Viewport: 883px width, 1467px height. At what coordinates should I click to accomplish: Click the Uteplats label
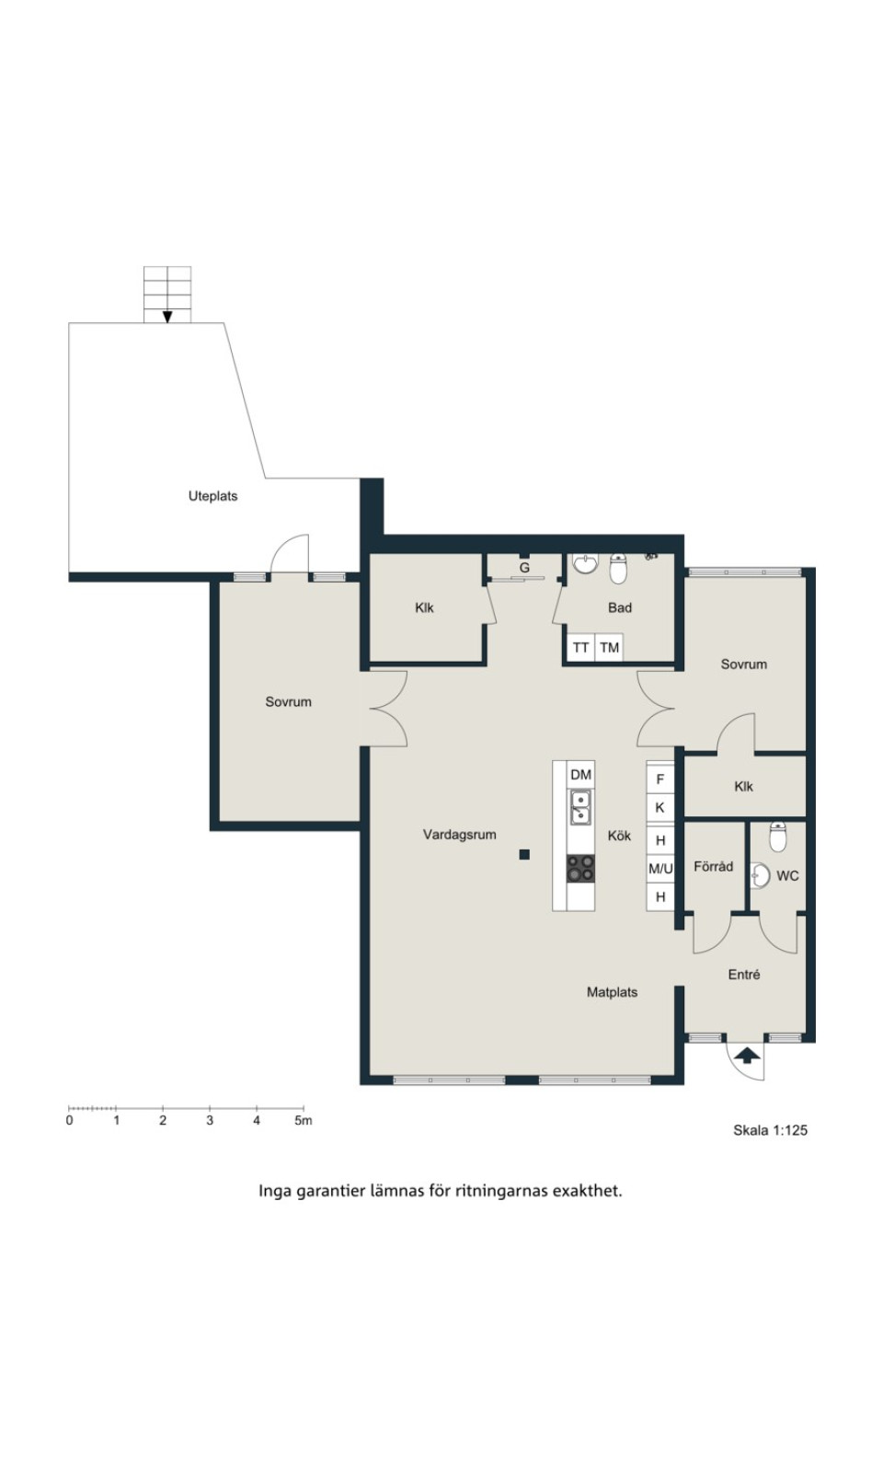pyautogui.click(x=212, y=496)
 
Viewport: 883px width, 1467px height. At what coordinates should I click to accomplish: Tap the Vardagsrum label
pyautogui.click(x=459, y=835)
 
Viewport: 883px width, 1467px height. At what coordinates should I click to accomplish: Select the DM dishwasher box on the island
pyautogui.click(x=580, y=776)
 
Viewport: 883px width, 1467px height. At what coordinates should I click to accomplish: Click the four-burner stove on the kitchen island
pyautogui.click(x=580, y=869)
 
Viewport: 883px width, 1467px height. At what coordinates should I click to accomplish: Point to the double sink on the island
pyautogui.click(x=580, y=807)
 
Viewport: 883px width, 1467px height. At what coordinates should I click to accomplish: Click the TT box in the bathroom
pyautogui.click(x=580, y=648)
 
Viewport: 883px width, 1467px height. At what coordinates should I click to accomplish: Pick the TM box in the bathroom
pyautogui.click(x=609, y=648)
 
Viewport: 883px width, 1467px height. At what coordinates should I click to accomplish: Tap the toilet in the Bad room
pyautogui.click(x=618, y=568)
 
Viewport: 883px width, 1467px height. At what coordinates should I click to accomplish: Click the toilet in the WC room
pyautogui.click(x=777, y=837)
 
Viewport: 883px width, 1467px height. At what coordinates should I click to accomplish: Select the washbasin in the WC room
pyautogui.click(x=760, y=875)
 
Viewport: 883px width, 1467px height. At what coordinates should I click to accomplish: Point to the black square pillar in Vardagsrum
pyautogui.click(x=524, y=854)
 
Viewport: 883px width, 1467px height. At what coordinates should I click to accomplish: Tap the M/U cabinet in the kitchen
pyautogui.click(x=660, y=869)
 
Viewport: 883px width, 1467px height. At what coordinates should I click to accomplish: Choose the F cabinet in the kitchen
pyautogui.click(x=660, y=780)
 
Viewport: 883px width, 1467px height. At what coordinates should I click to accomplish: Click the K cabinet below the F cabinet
pyautogui.click(x=660, y=807)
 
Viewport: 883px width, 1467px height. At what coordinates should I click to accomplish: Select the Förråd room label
pyautogui.click(x=714, y=866)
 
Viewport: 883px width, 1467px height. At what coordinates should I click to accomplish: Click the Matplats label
pyautogui.click(x=612, y=992)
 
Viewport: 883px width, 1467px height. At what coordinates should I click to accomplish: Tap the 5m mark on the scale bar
pyautogui.click(x=303, y=1121)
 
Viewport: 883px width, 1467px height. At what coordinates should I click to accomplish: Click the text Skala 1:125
pyautogui.click(x=771, y=1130)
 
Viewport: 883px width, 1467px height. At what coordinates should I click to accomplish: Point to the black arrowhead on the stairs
pyautogui.click(x=167, y=317)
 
